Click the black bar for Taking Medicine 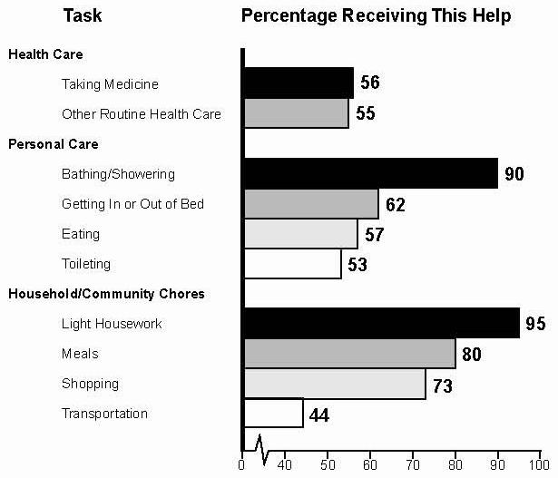(298, 83)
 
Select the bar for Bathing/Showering (370, 172)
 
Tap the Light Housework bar (381, 323)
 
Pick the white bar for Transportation (273, 413)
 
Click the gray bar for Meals (349, 353)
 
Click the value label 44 (319, 415)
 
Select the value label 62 (394, 204)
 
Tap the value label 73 (442, 385)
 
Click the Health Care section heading (45, 54)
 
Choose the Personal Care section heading (54, 143)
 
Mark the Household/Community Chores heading (106, 294)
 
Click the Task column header (82, 16)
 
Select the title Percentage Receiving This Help (376, 16)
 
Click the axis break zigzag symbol (261, 446)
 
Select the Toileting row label (86, 264)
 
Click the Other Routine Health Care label (141, 114)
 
